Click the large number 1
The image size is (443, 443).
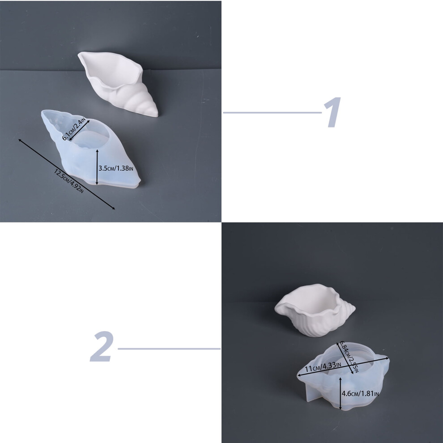[x=332, y=112]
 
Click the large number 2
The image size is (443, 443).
[x=102, y=347]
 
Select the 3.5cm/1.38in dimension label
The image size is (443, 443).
[x=116, y=168]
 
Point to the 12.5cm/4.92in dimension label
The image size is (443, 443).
[x=69, y=181]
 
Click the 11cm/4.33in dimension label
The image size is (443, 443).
[x=323, y=367]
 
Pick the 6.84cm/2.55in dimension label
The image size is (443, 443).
[x=349, y=357]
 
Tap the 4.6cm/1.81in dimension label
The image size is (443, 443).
[x=360, y=393]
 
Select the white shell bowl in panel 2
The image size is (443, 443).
[x=315, y=310]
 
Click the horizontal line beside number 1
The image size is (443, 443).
[x=272, y=112]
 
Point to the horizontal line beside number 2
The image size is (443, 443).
[x=169, y=349]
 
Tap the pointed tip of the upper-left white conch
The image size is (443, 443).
[x=156, y=115]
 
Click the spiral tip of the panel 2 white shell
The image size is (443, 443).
[x=353, y=308]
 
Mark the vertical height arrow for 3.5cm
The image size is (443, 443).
[x=97, y=167]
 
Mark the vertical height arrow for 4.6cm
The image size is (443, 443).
[x=341, y=393]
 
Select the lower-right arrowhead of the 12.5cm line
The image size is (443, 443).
[x=113, y=208]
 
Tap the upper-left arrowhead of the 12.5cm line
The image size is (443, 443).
[x=20, y=141]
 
